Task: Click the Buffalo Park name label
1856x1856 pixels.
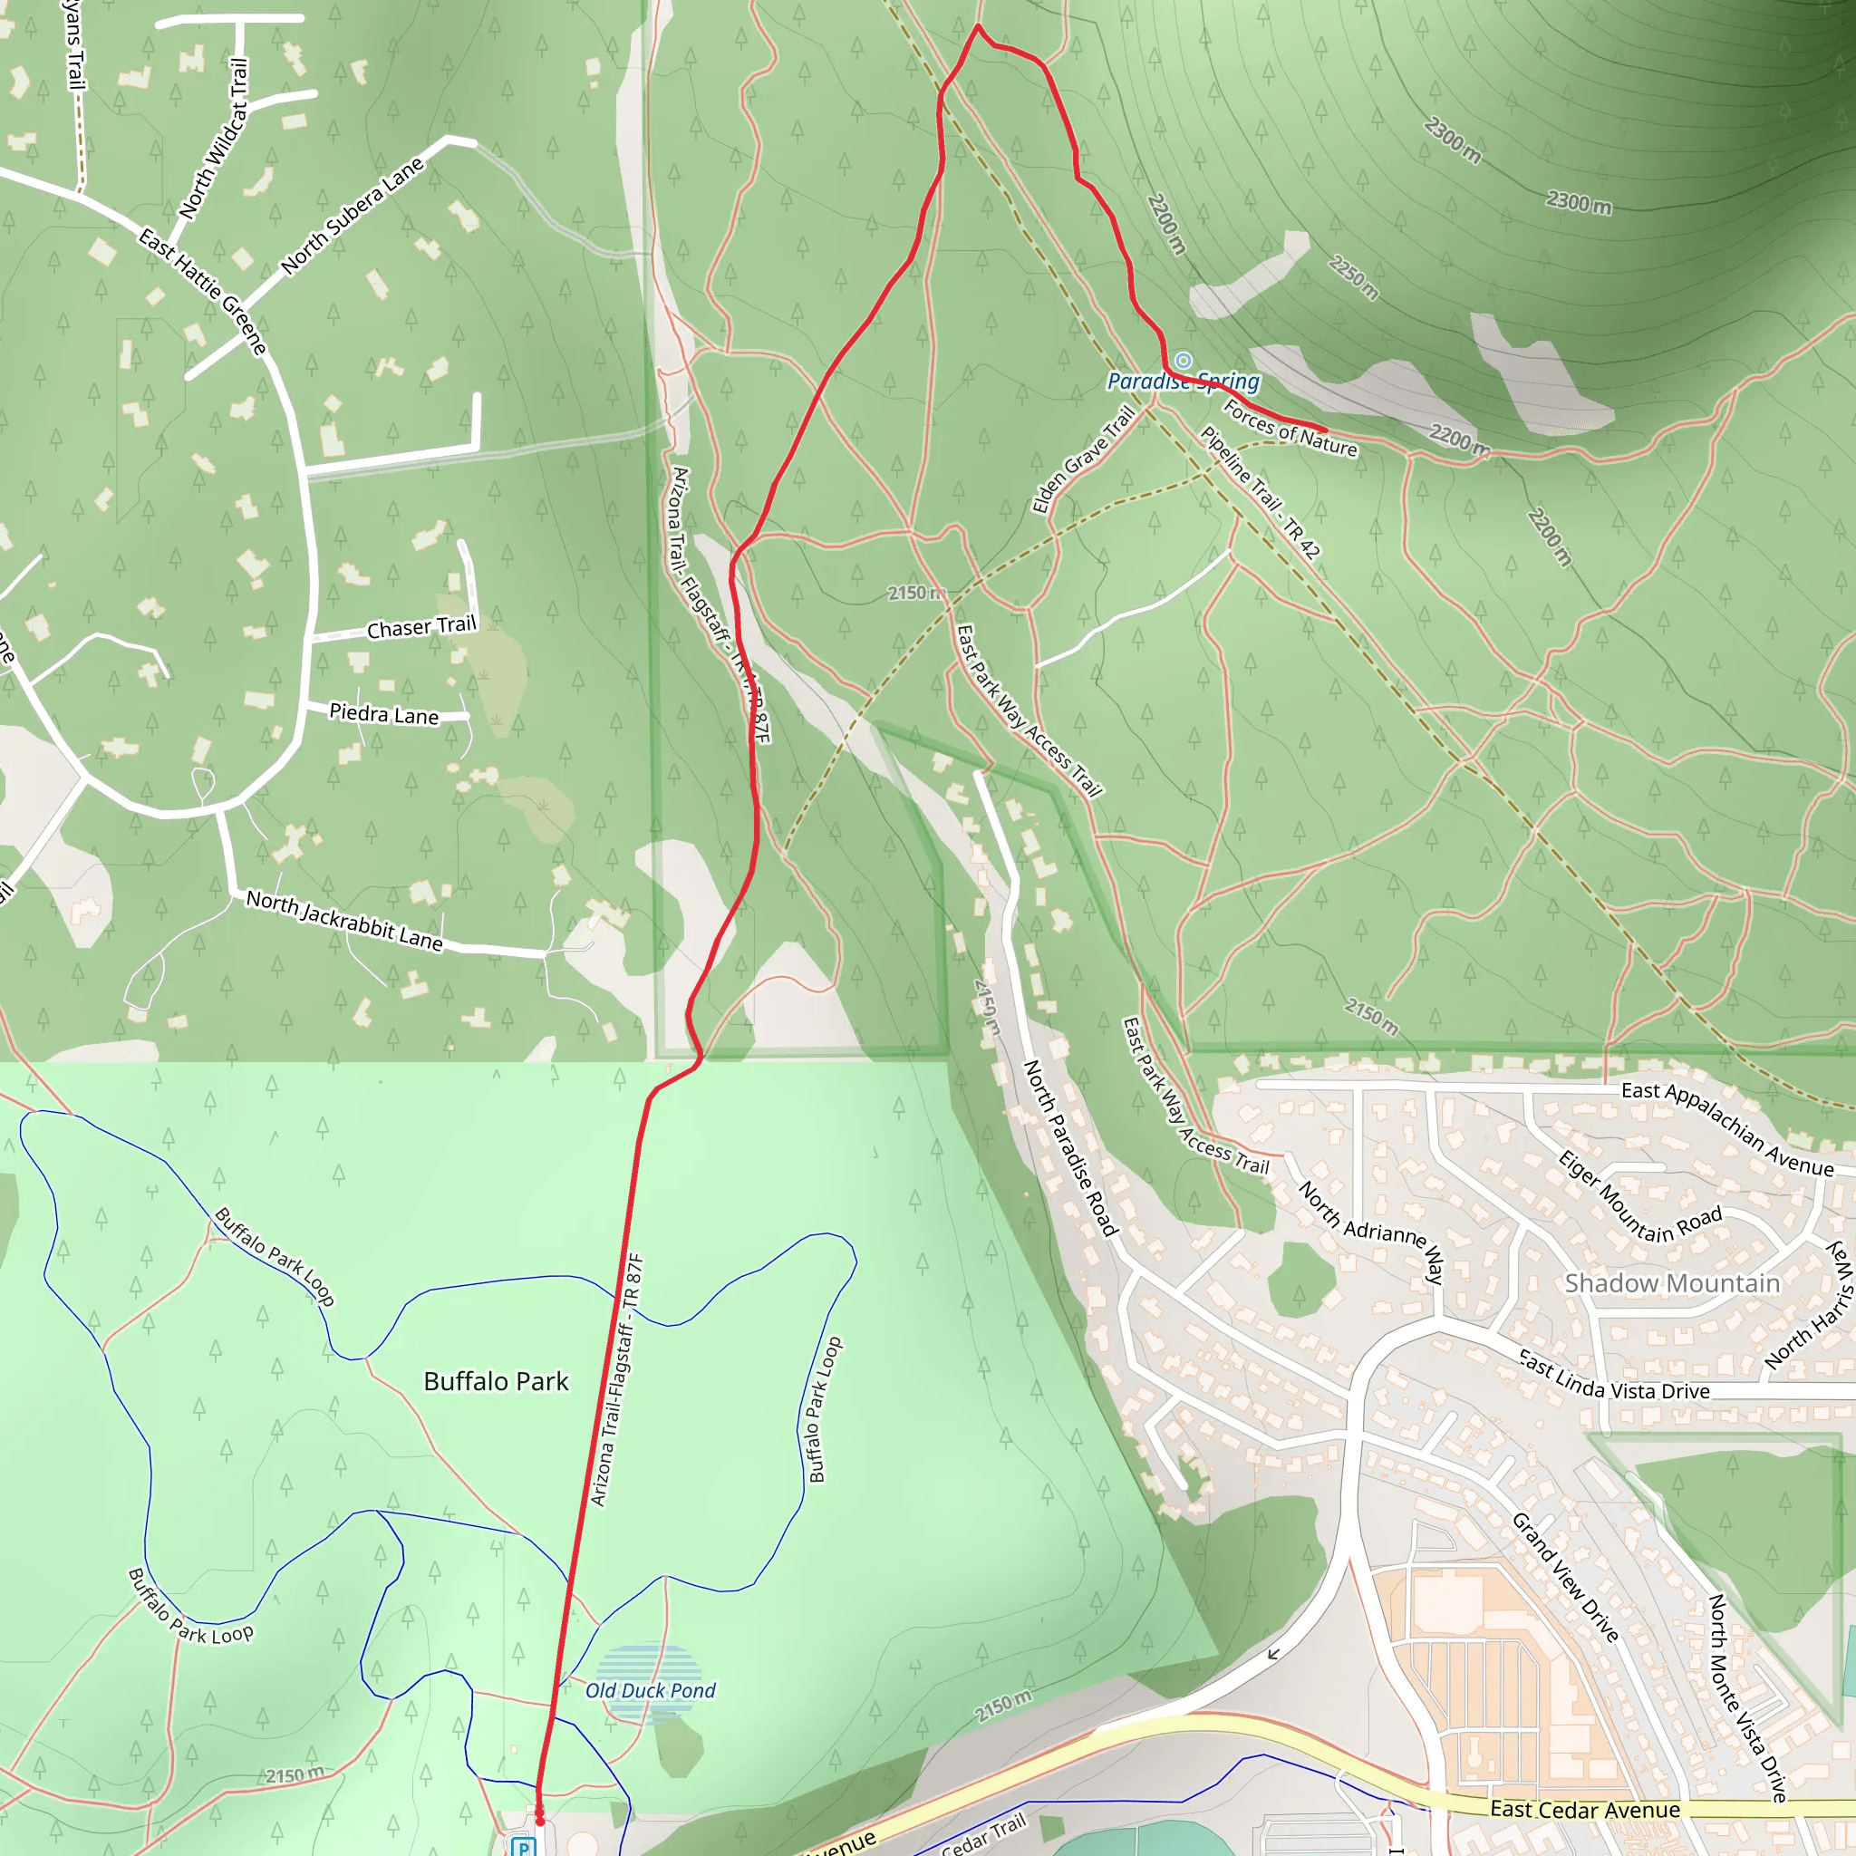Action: click(x=496, y=1381)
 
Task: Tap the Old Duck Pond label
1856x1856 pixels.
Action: click(x=651, y=1690)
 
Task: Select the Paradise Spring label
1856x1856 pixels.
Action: click(x=1183, y=382)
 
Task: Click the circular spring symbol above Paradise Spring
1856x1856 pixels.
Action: click(x=1184, y=361)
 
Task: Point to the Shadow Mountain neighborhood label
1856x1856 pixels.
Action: click(x=1671, y=1283)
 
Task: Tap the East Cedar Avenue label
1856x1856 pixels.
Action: click(x=1585, y=1810)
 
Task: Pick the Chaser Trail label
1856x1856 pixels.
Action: click(x=421, y=626)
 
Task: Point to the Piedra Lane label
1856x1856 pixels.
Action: click(x=383, y=714)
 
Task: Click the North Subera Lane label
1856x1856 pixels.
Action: click(x=352, y=217)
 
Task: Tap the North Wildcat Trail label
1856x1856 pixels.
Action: click(x=214, y=139)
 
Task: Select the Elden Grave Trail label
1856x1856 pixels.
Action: click(x=1083, y=460)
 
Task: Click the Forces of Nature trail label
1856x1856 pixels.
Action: click(x=1290, y=430)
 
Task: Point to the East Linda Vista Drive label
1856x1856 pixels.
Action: click(x=1613, y=1376)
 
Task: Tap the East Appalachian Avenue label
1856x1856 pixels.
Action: click(x=1727, y=1130)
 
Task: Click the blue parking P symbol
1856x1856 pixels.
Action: click(x=524, y=1846)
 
